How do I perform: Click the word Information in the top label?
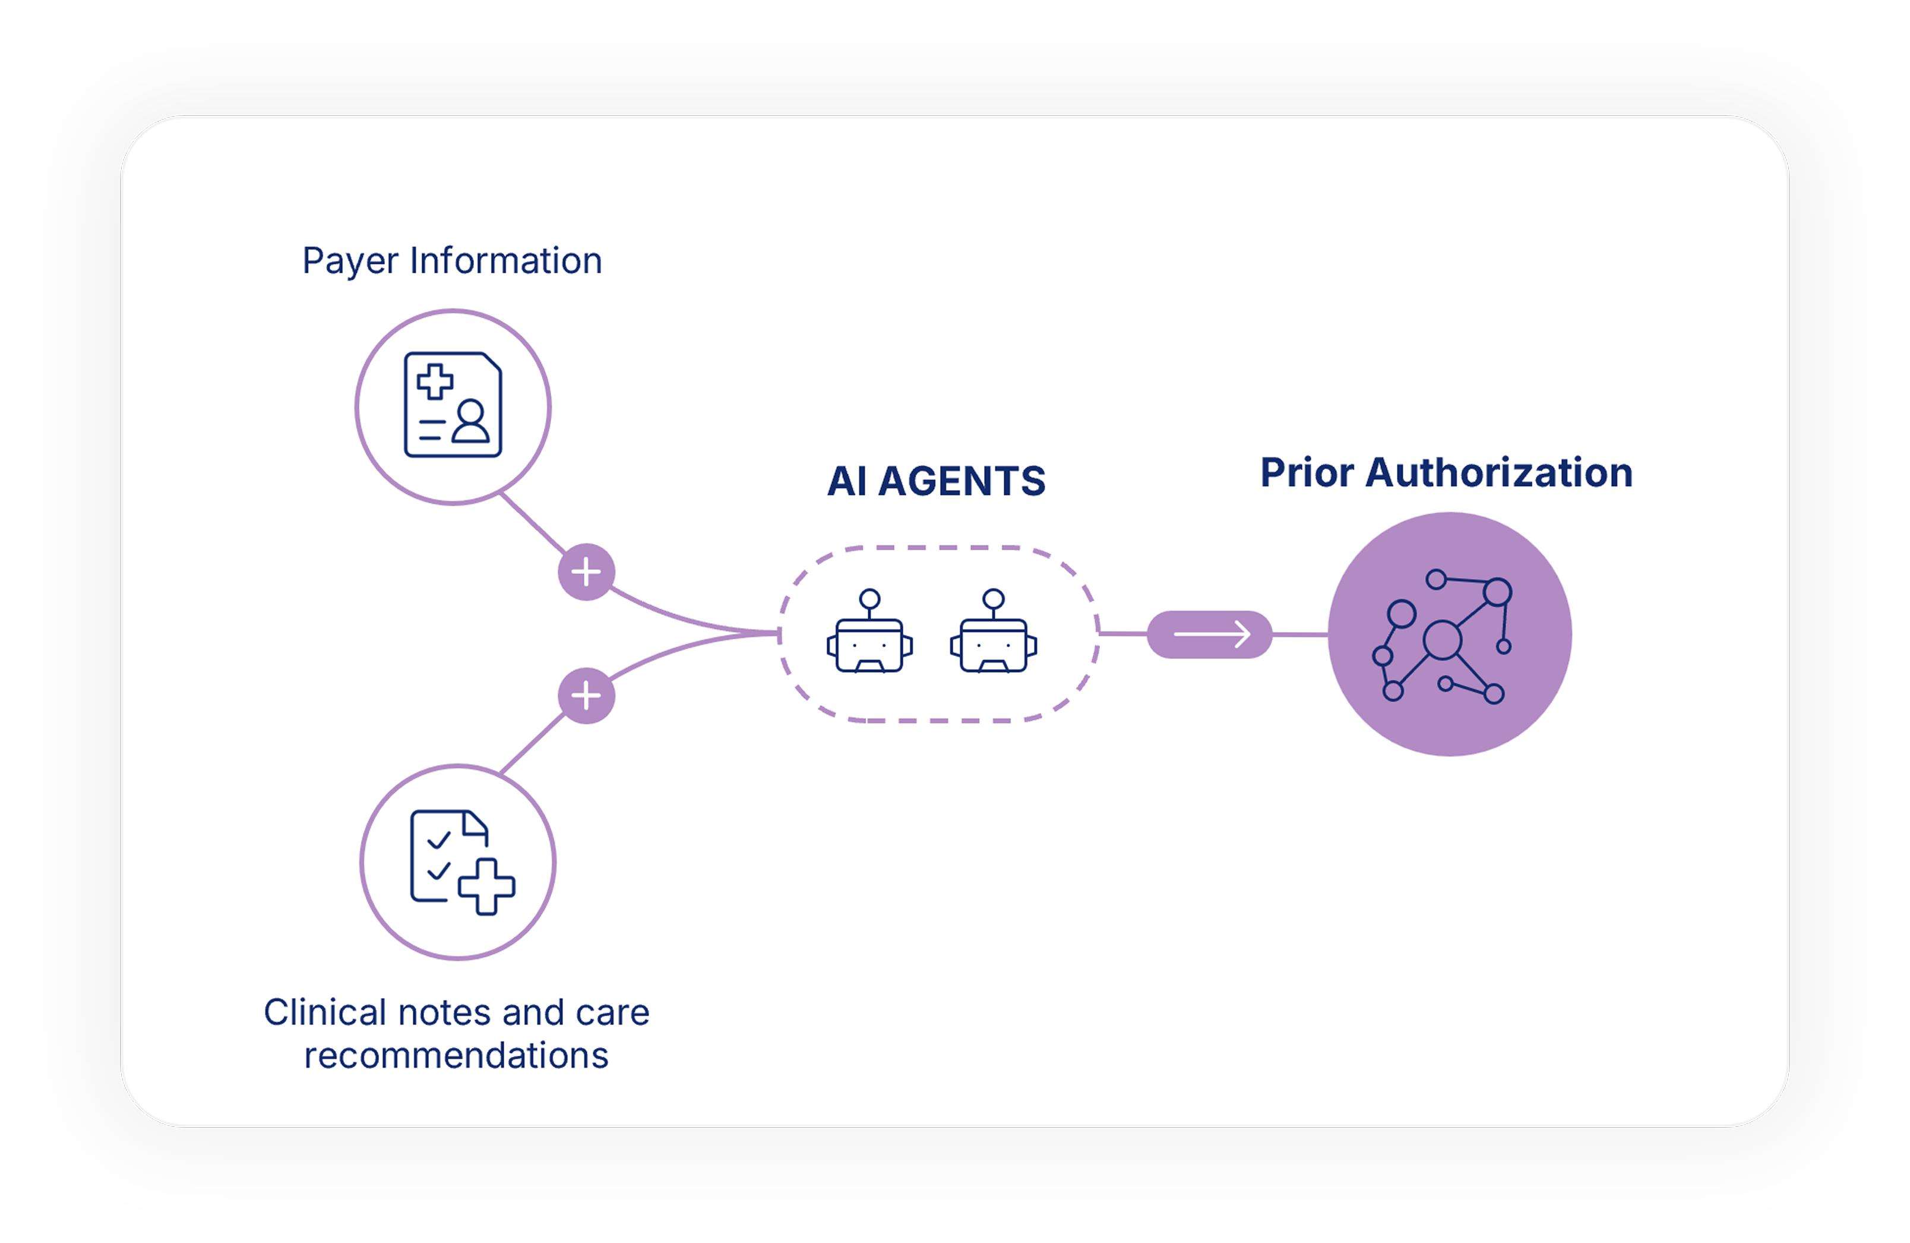505,260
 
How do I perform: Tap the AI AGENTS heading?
936,481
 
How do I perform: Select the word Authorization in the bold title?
1498,472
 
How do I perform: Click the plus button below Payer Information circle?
587,573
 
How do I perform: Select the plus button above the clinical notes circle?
587,695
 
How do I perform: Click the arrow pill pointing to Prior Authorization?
1209,635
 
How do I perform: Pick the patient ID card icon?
453,405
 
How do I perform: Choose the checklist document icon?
462,862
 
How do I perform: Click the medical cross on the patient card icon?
435,381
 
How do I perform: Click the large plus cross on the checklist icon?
486,886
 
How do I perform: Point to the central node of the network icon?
1442,640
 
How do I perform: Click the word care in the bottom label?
612,1013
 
